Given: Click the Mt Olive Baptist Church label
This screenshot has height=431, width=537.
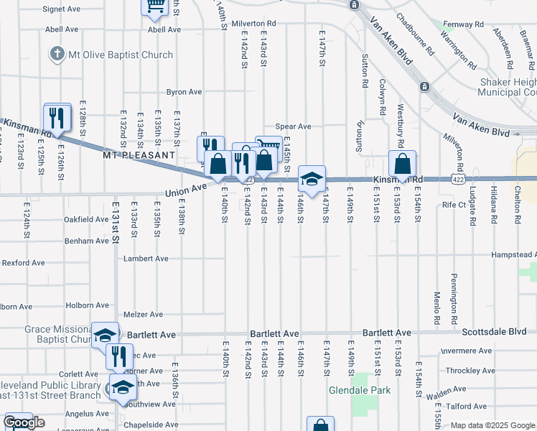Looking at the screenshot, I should tap(121, 55).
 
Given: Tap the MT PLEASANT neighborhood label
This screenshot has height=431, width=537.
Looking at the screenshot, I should tap(139, 154).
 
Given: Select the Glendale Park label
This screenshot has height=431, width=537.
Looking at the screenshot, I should tap(359, 391).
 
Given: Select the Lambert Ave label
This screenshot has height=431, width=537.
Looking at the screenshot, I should tap(146, 259).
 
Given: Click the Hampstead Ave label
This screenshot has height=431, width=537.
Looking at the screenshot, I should tap(513, 255).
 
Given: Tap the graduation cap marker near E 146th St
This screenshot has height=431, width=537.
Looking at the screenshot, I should tap(312, 180).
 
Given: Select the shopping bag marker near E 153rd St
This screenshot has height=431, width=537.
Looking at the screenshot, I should tap(403, 164).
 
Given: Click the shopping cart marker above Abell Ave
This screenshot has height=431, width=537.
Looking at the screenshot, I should tap(155, 6).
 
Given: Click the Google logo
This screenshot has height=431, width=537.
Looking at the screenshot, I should tap(24, 423).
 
